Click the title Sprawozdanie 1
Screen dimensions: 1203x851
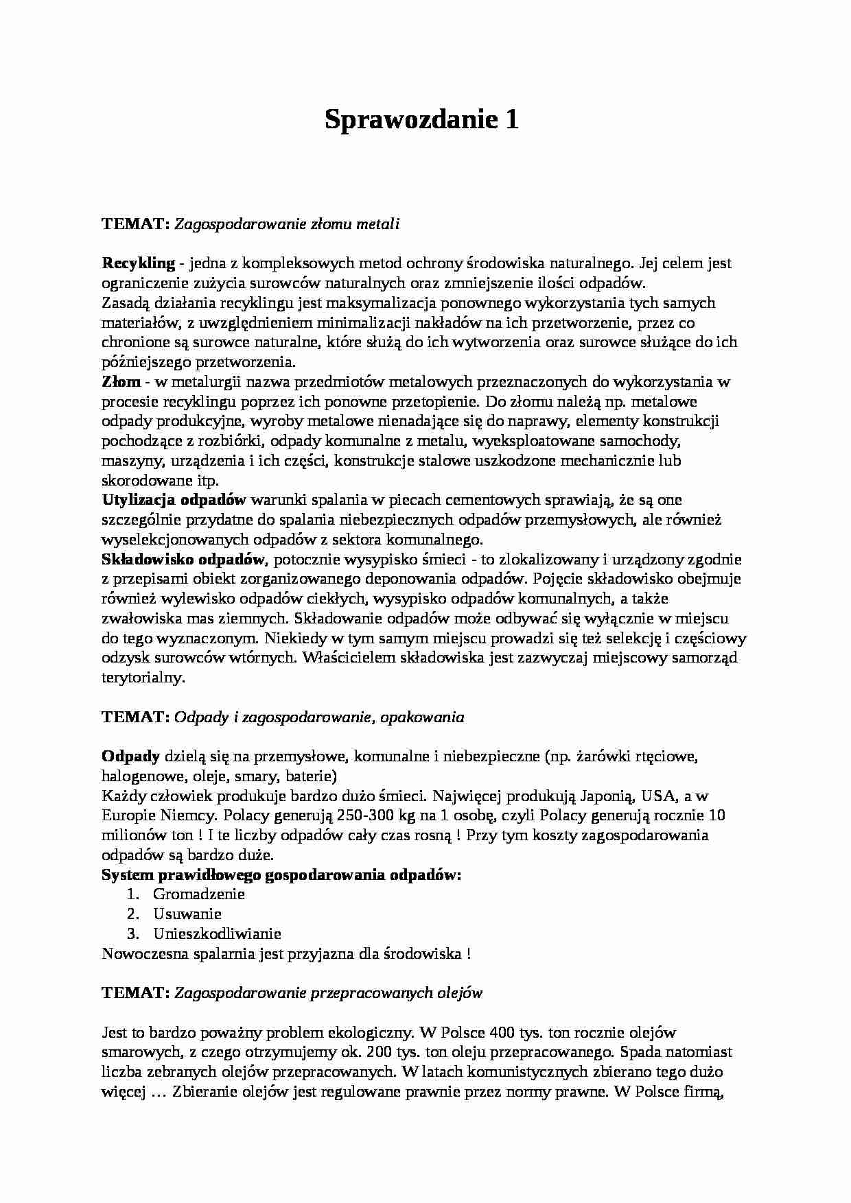coord(421,121)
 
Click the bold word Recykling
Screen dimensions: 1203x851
coord(138,263)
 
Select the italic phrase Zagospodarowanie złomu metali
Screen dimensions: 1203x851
coord(287,224)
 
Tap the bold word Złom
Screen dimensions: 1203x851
coord(121,381)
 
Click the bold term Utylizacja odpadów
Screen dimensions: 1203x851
coord(174,500)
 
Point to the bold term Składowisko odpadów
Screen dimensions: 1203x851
coord(183,559)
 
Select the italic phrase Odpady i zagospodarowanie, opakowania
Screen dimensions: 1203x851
coord(319,717)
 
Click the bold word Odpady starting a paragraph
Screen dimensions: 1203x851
coord(130,757)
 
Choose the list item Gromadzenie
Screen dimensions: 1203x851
coord(199,894)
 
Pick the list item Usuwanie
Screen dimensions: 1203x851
coord(187,914)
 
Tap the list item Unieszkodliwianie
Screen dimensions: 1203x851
coord(218,934)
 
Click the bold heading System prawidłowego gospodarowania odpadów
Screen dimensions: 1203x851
coord(281,875)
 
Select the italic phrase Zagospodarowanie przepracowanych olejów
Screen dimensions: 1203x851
coord(329,993)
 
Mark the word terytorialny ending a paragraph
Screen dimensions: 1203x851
coord(143,678)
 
